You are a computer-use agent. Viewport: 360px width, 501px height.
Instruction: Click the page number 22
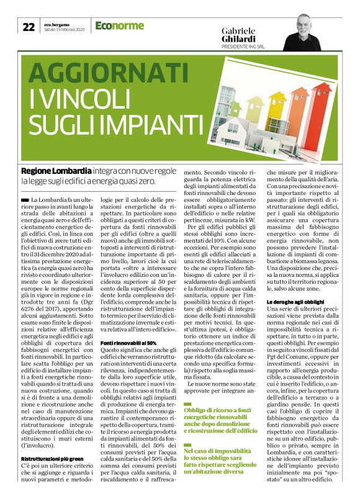[29, 27]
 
